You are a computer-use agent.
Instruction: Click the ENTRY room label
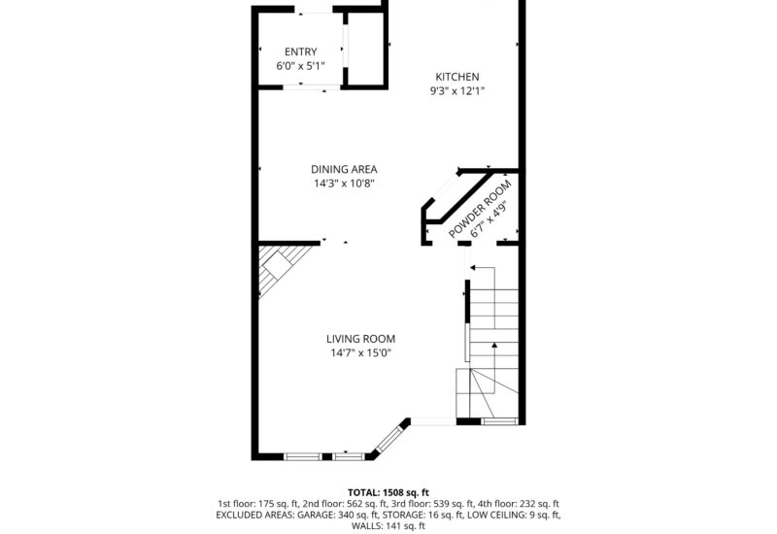pyautogui.click(x=300, y=51)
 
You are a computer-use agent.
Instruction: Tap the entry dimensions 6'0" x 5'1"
pyautogui.click(x=300, y=67)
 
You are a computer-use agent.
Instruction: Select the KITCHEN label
pyautogui.click(x=456, y=77)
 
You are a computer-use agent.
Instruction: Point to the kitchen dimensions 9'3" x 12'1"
pyautogui.click(x=456, y=91)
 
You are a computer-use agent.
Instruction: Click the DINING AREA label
pyautogui.click(x=344, y=169)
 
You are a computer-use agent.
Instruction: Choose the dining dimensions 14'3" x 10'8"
pyautogui.click(x=344, y=184)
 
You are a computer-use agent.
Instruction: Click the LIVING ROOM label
pyautogui.click(x=360, y=339)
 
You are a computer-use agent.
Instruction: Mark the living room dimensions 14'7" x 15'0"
pyautogui.click(x=360, y=353)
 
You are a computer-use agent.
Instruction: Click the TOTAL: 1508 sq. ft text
pyautogui.click(x=388, y=492)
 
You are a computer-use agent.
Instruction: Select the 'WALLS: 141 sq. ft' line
pyautogui.click(x=388, y=526)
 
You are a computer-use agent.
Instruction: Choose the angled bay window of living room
pyautogui.click(x=388, y=438)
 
